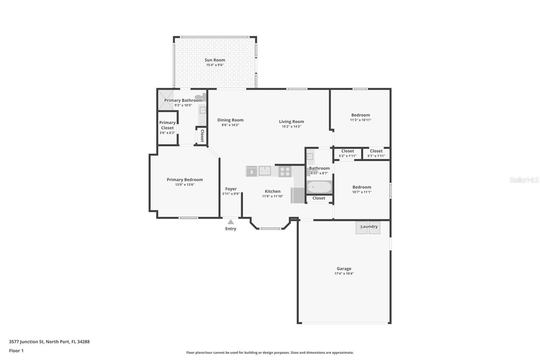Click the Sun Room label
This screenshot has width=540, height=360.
coord(215,60)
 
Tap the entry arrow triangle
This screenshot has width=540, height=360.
coord(231,222)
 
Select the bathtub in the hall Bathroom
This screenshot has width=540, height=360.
coord(319,187)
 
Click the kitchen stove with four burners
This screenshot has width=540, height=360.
coord(285,172)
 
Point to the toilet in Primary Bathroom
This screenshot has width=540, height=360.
coord(200,97)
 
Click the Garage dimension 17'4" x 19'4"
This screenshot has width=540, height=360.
coord(344,274)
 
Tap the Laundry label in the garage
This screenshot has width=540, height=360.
coord(369,227)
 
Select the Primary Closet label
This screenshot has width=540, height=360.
coord(167,125)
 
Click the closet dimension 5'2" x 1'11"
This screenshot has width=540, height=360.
coord(347,156)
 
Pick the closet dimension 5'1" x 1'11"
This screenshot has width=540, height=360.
coord(376,156)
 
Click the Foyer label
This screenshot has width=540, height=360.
coord(231,189)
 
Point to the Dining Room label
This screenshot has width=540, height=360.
coord(230,120)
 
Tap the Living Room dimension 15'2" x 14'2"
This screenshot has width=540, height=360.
coord(291,127)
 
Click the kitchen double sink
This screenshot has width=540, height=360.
coord(265,171)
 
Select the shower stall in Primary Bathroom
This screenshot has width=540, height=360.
coord(166,100)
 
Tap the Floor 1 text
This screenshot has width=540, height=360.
coord(16,351)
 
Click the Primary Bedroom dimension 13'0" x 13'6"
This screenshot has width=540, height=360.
coord(185,185)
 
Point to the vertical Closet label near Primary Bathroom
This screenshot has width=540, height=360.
coord(202,135)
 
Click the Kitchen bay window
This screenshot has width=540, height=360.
coord(270,229)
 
